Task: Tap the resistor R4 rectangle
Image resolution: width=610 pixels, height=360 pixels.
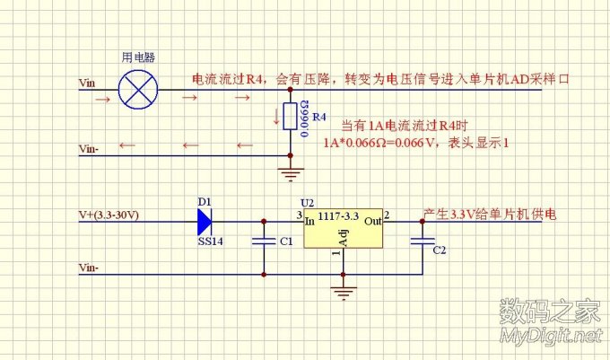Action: (289, 116)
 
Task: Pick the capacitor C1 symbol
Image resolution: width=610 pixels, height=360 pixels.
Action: (264, 241)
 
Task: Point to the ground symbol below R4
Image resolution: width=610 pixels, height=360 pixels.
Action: (289, 173)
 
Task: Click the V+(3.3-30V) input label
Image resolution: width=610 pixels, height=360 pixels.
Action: (113, 216)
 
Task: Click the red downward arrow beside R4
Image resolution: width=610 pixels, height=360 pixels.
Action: (274, 115)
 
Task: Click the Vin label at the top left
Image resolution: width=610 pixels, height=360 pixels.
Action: (87, 83)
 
